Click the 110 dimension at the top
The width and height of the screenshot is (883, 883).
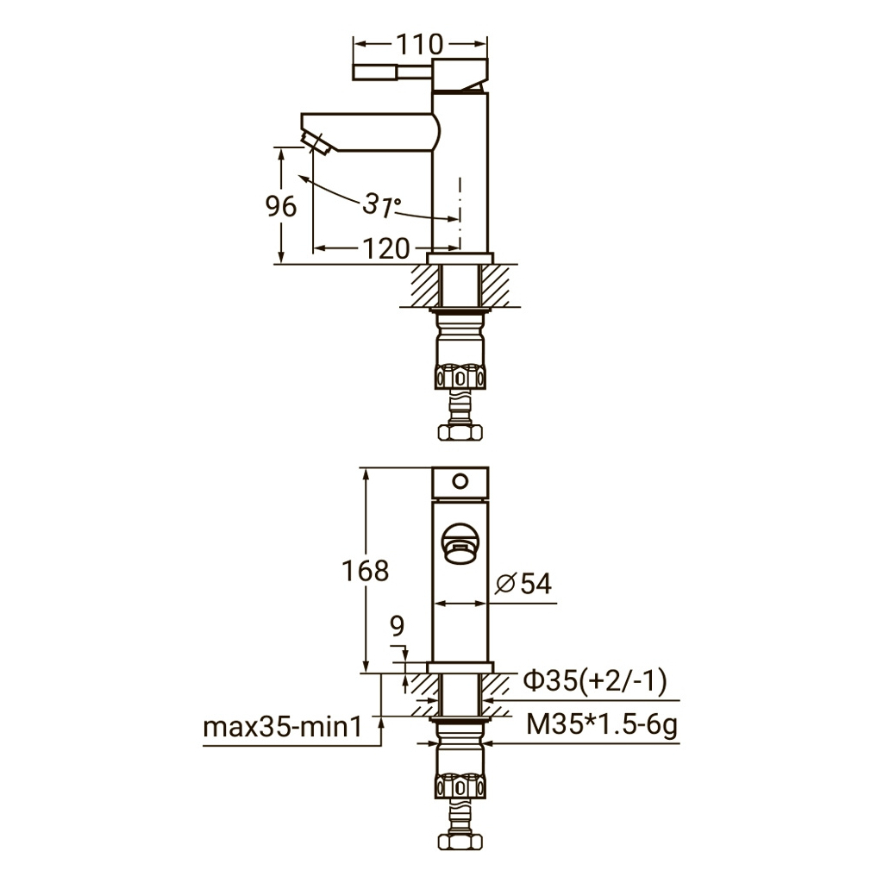[420, 45]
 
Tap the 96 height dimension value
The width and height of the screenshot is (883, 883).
[280, 206]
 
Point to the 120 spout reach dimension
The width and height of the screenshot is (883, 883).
[385, 248]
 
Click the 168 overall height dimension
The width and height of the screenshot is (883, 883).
[366, 571]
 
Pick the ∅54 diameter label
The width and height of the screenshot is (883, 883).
[523, 584]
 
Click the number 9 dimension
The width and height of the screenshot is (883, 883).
[397, 626]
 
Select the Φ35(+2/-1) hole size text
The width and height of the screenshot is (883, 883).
[595, 680]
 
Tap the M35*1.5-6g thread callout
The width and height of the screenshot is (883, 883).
[601, 724]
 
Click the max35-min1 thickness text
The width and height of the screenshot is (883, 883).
[282, 727]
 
